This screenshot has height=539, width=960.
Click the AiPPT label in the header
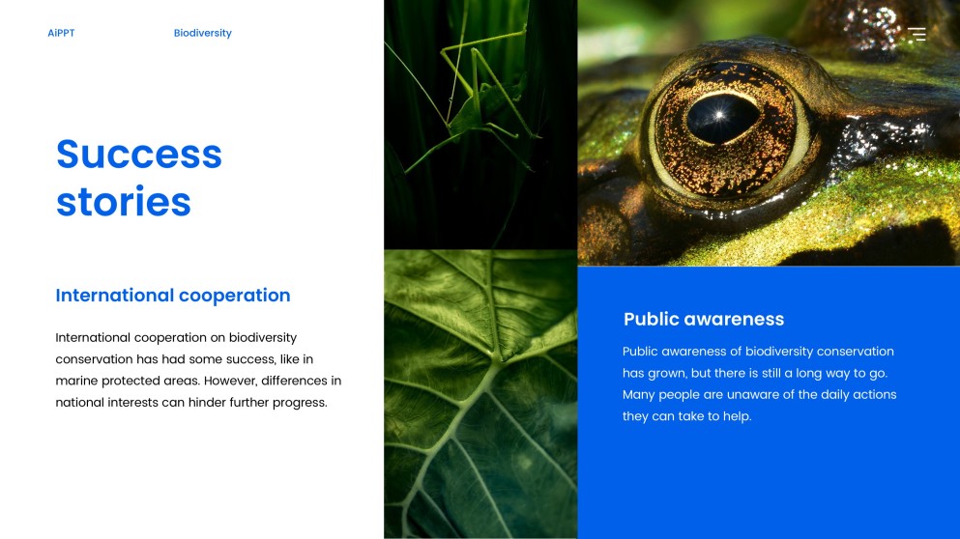pyautogui.click(x=61, y=33)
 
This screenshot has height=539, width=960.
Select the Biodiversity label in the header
pyautogui.click(x=203, y=33)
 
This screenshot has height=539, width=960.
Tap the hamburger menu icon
pyautogui.click(x=916, y=34)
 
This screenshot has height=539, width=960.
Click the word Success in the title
pyautogui.click(x=139, y=154)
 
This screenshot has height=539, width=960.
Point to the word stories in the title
pyautogui.click(x=124, y=201)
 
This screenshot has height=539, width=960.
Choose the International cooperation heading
pyautogui.click(x=173, y=296)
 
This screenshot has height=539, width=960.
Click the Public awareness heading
pyautogui.click(x=704, y=319)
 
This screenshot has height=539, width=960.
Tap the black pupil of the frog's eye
pyautogui.click(x=722, y=118)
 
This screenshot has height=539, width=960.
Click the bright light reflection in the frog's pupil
pyautogui.click(x=718, y=114)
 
